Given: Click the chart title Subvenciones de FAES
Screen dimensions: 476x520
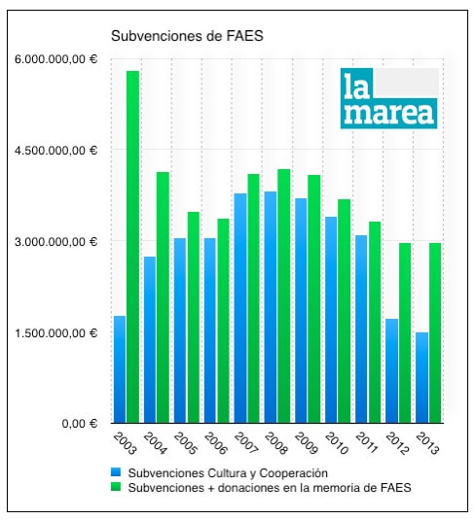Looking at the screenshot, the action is click(x=187, y=36).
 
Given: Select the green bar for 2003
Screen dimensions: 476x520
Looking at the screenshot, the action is click(x=132, y=247).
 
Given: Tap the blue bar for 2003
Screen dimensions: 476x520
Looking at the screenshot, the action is click(x=120, y=369).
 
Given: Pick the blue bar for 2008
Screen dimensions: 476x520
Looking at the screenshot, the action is click(x=271, y=307).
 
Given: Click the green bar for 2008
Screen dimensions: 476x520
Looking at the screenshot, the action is click(x=284, y=296).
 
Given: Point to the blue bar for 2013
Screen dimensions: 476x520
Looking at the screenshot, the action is click(x=421, y=378).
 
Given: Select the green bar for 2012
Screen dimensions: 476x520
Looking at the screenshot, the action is click(x=405, y=333).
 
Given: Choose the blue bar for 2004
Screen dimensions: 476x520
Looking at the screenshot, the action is click(x=150, y=339).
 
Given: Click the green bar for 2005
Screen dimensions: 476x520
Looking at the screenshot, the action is click(x=194, y=318).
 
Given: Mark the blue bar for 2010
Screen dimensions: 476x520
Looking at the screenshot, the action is click(x=331, y=320).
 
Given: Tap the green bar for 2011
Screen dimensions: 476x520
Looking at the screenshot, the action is click(x=375, y=323).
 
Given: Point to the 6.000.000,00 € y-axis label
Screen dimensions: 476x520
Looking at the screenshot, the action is click(x=55, y=59).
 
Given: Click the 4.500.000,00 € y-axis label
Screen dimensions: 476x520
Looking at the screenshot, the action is click(x=55, y=151).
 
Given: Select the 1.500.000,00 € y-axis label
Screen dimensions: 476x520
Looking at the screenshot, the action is click(x=55, y=333).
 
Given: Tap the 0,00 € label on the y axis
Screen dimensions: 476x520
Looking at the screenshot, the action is click(x=80, y=424).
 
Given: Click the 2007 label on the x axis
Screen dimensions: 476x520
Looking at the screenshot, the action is click(x=246, y=443).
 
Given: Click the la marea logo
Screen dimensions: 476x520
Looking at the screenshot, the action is click(x=389, y=98).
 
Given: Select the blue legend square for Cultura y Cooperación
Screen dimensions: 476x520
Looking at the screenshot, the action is click(x=116, y=472).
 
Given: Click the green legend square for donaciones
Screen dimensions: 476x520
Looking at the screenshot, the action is click(x=116, y=487).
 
